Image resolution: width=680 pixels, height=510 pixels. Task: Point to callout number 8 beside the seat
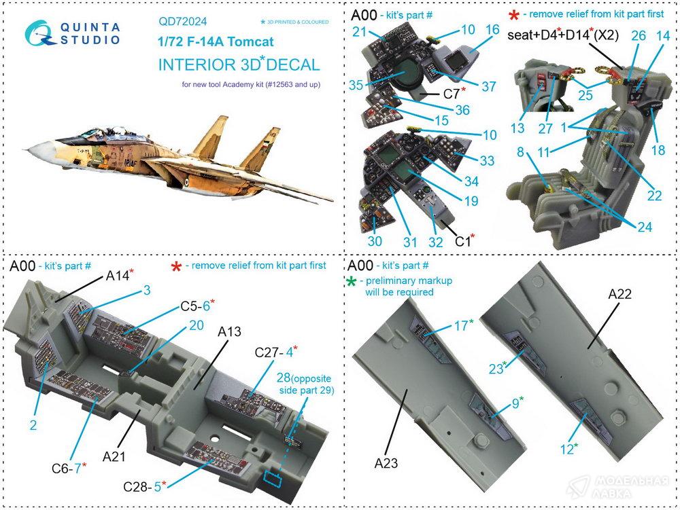[x=521, y=153]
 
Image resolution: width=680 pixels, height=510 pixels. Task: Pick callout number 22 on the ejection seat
[x=653, y=196]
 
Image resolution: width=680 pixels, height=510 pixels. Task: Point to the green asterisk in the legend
[x=351, y=281]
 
